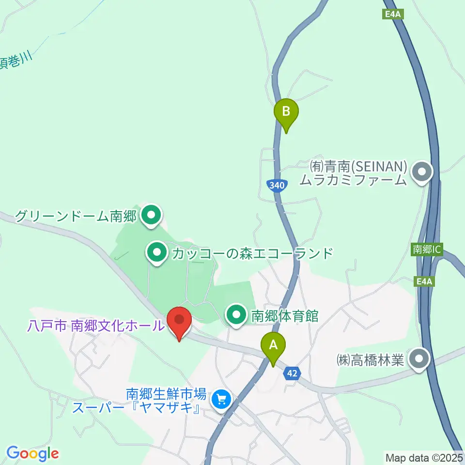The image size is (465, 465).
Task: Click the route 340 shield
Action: click(x=275, y=185)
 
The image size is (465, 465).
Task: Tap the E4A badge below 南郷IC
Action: click(x=423, y=280)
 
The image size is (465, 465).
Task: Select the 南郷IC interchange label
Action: click(x=426, y=249)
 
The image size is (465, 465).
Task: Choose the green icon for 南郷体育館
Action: click(x=237, y=316)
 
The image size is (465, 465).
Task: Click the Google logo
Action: click(x=32, y=453)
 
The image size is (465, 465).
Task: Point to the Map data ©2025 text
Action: click(x=424, y=457)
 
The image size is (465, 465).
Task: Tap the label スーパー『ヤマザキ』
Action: click(x=137, y=408)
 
